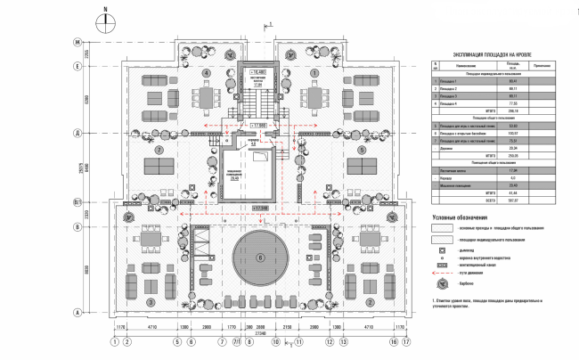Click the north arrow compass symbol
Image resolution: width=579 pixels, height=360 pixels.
pyautogui.click(x=105, y=20)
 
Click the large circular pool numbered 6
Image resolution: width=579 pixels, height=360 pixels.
pyautogui.click(x=259, y=258)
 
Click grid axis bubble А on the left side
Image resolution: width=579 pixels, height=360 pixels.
pyautogui.click(x=78, y=312)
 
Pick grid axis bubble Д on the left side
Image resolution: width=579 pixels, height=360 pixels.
pyautogui.click(x=78, y=133)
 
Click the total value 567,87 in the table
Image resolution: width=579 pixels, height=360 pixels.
pyautogui.click(x=512, y=200)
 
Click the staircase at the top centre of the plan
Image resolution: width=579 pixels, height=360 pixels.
pyautogui.click(x=259, y=98)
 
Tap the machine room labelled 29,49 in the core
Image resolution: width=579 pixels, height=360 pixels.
pyautogui.click(x=234, y=174)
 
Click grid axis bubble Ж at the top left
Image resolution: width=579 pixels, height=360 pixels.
pyautogui.click(x=78, y=43)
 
